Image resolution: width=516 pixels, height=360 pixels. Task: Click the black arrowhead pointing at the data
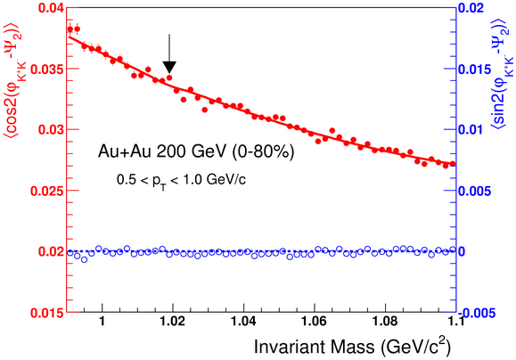(x=169, y=67)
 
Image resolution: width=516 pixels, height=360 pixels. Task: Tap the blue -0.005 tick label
(x=478, y=313)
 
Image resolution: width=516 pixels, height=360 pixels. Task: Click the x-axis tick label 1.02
(x=173, y=321)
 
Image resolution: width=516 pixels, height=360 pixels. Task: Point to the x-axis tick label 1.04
(x=243, y=321)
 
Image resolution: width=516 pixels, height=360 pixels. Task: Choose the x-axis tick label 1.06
(x=315, y=321)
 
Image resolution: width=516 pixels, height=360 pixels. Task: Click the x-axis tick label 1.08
(x=385, y=321)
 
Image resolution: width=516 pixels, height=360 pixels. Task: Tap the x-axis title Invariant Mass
(x=315, y=347)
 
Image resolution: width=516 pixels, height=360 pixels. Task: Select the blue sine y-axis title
(x=503, y=73)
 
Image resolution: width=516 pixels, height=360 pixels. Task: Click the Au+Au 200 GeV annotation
(x=196, y=151)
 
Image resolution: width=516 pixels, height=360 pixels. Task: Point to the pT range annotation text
(x=181, y=181)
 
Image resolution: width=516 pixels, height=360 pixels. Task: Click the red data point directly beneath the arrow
(x=169, y=78)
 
